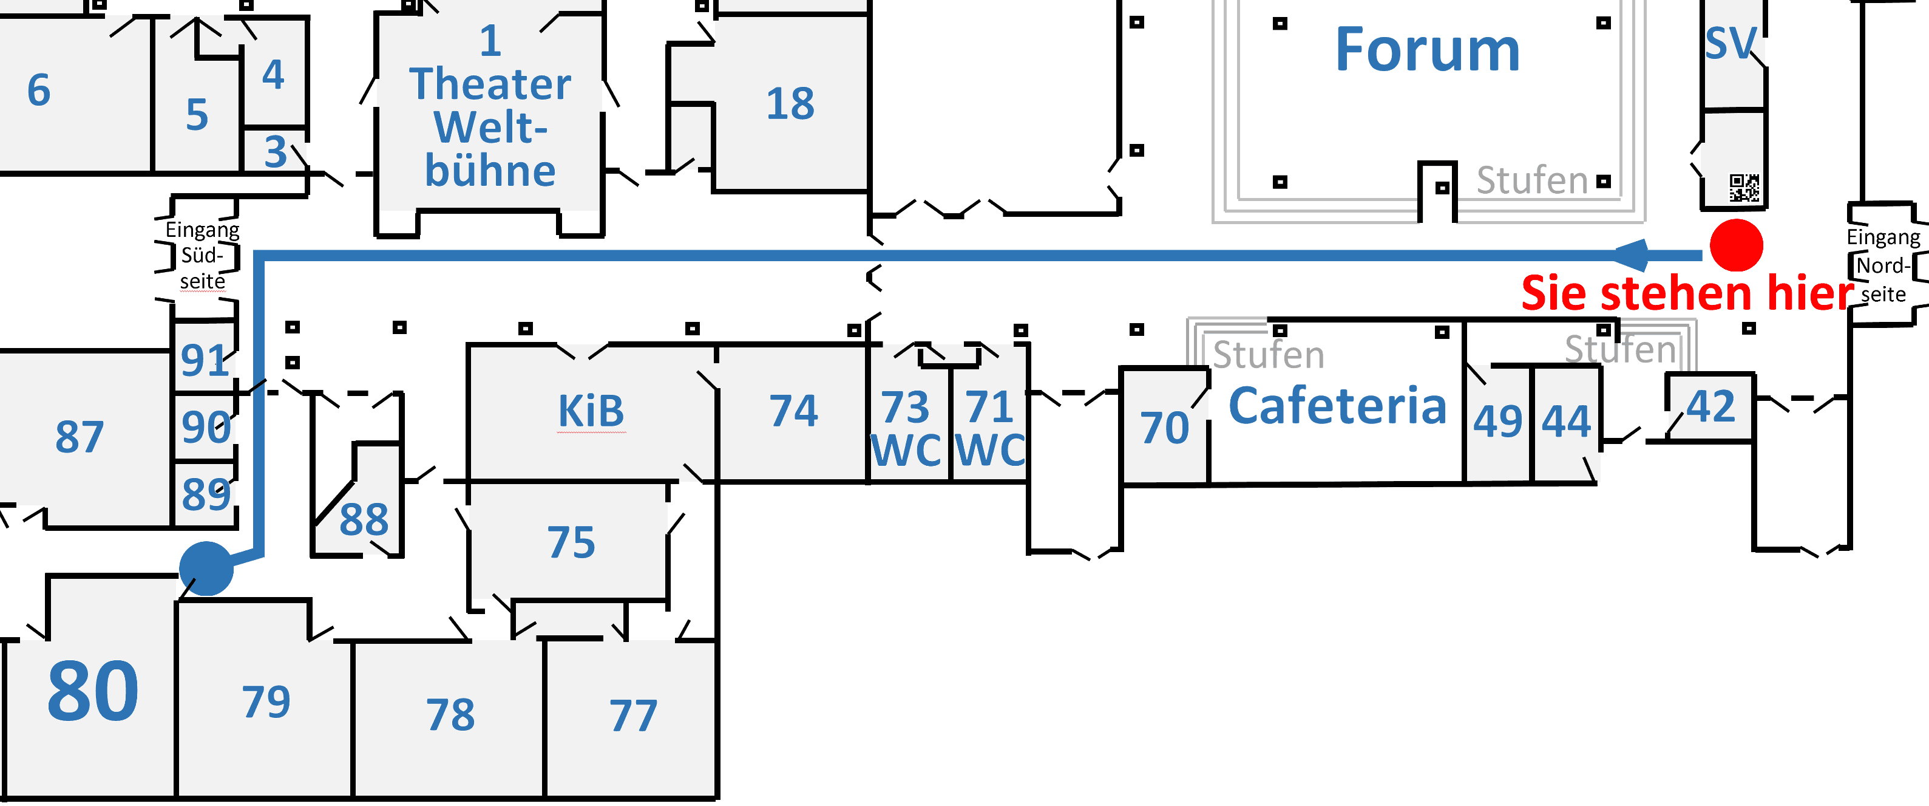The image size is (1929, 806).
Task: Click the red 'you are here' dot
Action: click(1737, 245)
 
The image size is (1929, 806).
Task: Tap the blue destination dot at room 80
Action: click(206, 569)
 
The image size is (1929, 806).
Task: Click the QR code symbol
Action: click(1744, 188)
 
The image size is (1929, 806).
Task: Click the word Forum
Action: click(1427, 50)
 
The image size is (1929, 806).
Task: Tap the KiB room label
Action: click(591, 411)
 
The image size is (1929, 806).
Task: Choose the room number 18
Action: click(790, 103)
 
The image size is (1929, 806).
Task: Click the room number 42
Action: click(1710, 407)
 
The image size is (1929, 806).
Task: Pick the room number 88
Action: click(364, 519)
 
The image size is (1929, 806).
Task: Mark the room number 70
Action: click(1164, 428)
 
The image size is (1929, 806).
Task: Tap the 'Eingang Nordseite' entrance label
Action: click(1883, 266)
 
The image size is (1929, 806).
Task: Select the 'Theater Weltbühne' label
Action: click(490, 106)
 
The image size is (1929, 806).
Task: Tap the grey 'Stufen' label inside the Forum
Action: click(1531, 180)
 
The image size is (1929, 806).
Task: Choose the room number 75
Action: click(571, 542)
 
